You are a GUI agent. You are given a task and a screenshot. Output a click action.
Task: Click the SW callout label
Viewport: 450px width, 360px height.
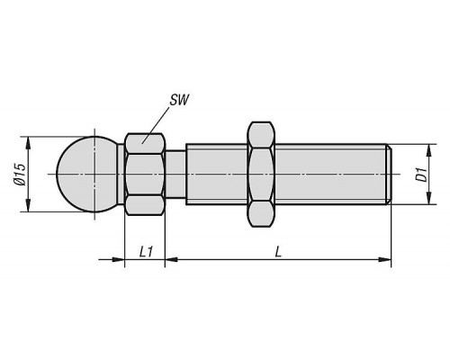pos(179,100)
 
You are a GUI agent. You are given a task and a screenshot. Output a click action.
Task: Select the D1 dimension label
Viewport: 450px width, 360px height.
pos(422,175)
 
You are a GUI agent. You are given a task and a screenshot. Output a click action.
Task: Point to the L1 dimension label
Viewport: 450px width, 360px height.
pos(146,252)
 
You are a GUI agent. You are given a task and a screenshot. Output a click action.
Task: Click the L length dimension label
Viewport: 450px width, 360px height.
pos(278,252)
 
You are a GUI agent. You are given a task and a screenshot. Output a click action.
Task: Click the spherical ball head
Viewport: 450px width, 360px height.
pos(87,175)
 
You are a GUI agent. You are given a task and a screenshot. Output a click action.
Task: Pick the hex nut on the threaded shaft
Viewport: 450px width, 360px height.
pos(261,175)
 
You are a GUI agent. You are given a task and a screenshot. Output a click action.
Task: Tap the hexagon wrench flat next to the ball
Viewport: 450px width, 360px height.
pos(145,175)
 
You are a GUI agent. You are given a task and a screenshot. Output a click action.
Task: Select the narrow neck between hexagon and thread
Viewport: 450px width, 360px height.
pos(175,175)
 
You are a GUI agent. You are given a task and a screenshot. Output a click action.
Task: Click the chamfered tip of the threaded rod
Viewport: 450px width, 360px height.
pos(389,175)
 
